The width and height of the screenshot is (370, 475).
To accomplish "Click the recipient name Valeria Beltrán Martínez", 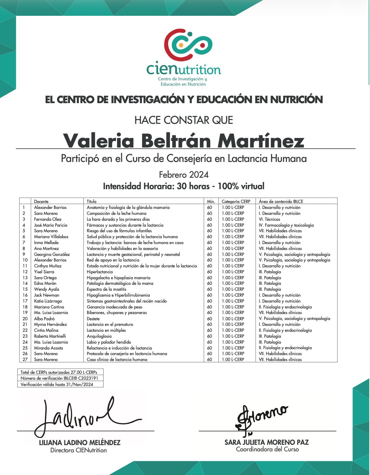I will point(184,140).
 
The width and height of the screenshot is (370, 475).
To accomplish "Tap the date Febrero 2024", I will point(184,174).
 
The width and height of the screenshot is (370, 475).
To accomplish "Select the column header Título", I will point(92,201).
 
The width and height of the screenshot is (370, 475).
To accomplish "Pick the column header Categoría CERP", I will point(236,201).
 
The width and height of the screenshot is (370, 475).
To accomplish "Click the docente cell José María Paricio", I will point(51,225).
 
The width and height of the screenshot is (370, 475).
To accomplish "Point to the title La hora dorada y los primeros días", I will point(118,219).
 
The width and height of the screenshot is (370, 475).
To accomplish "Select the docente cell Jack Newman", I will point(47,295).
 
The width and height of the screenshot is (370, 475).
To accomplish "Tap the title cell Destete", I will point(93,319).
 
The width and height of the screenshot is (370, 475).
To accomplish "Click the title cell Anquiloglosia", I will point(99,336).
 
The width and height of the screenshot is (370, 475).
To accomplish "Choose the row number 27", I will point(25,359).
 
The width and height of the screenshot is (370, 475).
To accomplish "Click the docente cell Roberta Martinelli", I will point(50,336).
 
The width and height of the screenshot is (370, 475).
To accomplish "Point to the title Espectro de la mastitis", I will point(106,289).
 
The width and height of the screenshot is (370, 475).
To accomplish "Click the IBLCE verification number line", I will point(59,378).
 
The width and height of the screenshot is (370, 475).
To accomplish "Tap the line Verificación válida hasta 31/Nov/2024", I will point(57,384).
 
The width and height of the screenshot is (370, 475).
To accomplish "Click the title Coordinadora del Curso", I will point(267,449).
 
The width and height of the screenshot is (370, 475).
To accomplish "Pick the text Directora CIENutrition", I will point(79,450).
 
